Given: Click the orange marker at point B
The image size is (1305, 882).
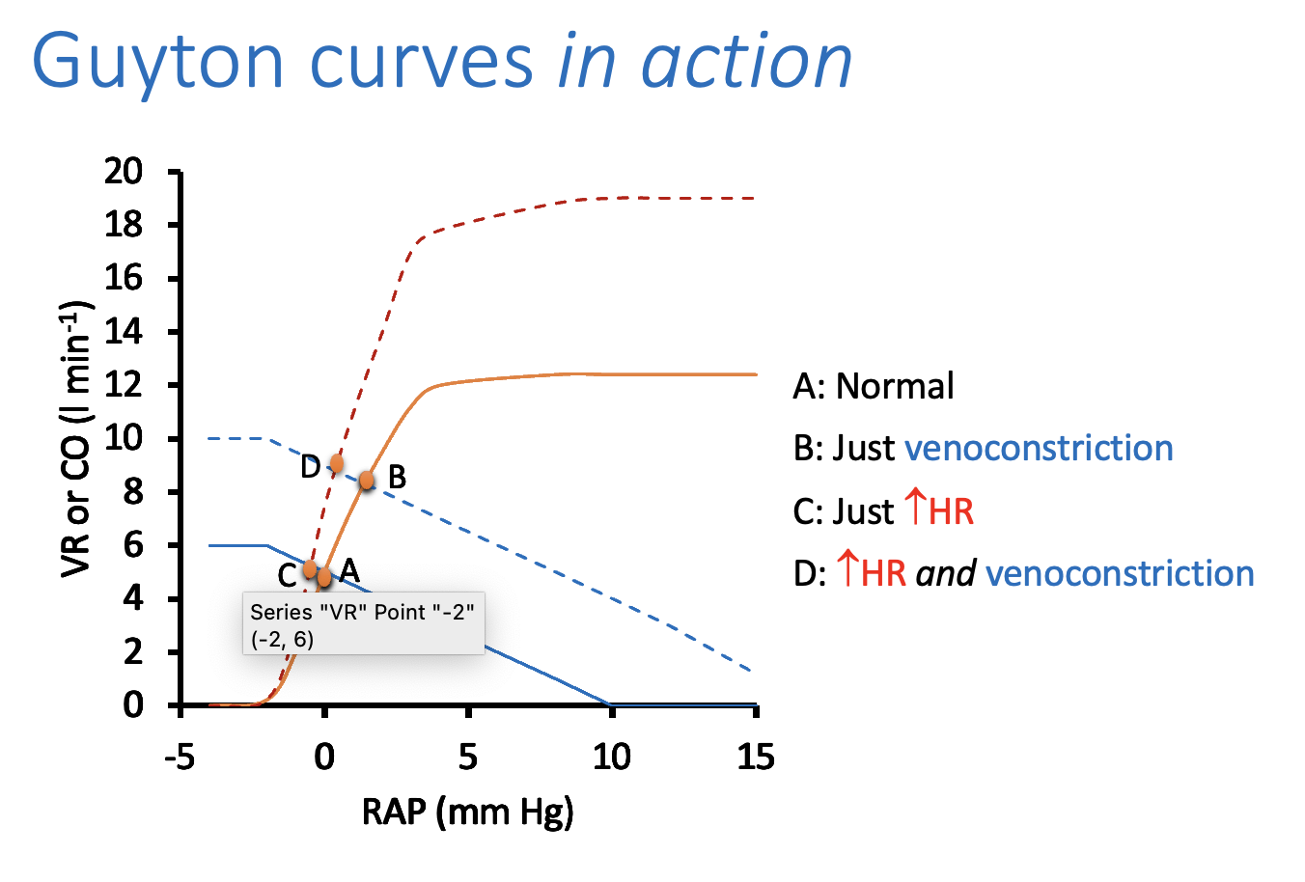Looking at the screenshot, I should (367, 480).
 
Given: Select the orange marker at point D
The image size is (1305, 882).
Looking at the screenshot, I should (336, 463).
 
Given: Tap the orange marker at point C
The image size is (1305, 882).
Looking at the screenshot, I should (310, 569).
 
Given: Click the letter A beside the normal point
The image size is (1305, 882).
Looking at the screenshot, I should (348, 569).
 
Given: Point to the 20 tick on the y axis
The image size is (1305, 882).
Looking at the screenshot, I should (123, 172).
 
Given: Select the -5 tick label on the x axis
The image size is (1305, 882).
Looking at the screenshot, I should (179, 758).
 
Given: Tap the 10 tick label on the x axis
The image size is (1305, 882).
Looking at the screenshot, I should (611, 758).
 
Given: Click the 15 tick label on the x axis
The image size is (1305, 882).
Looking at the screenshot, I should (755, 758).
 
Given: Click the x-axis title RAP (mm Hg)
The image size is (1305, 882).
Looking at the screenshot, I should (467, 812).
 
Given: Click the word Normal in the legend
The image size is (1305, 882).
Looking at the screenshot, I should (895, 386).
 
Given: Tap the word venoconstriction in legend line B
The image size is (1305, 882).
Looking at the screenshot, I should (1039, 449).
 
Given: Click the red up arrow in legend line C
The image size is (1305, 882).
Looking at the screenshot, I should (914, 509).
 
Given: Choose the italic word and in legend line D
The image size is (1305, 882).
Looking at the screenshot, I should (945, 574).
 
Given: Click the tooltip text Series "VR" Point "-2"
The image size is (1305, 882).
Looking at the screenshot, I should (362, 612).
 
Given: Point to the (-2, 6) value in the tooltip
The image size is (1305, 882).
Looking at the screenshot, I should (282, 639).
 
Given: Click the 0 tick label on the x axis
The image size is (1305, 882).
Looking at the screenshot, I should (324, 758).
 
